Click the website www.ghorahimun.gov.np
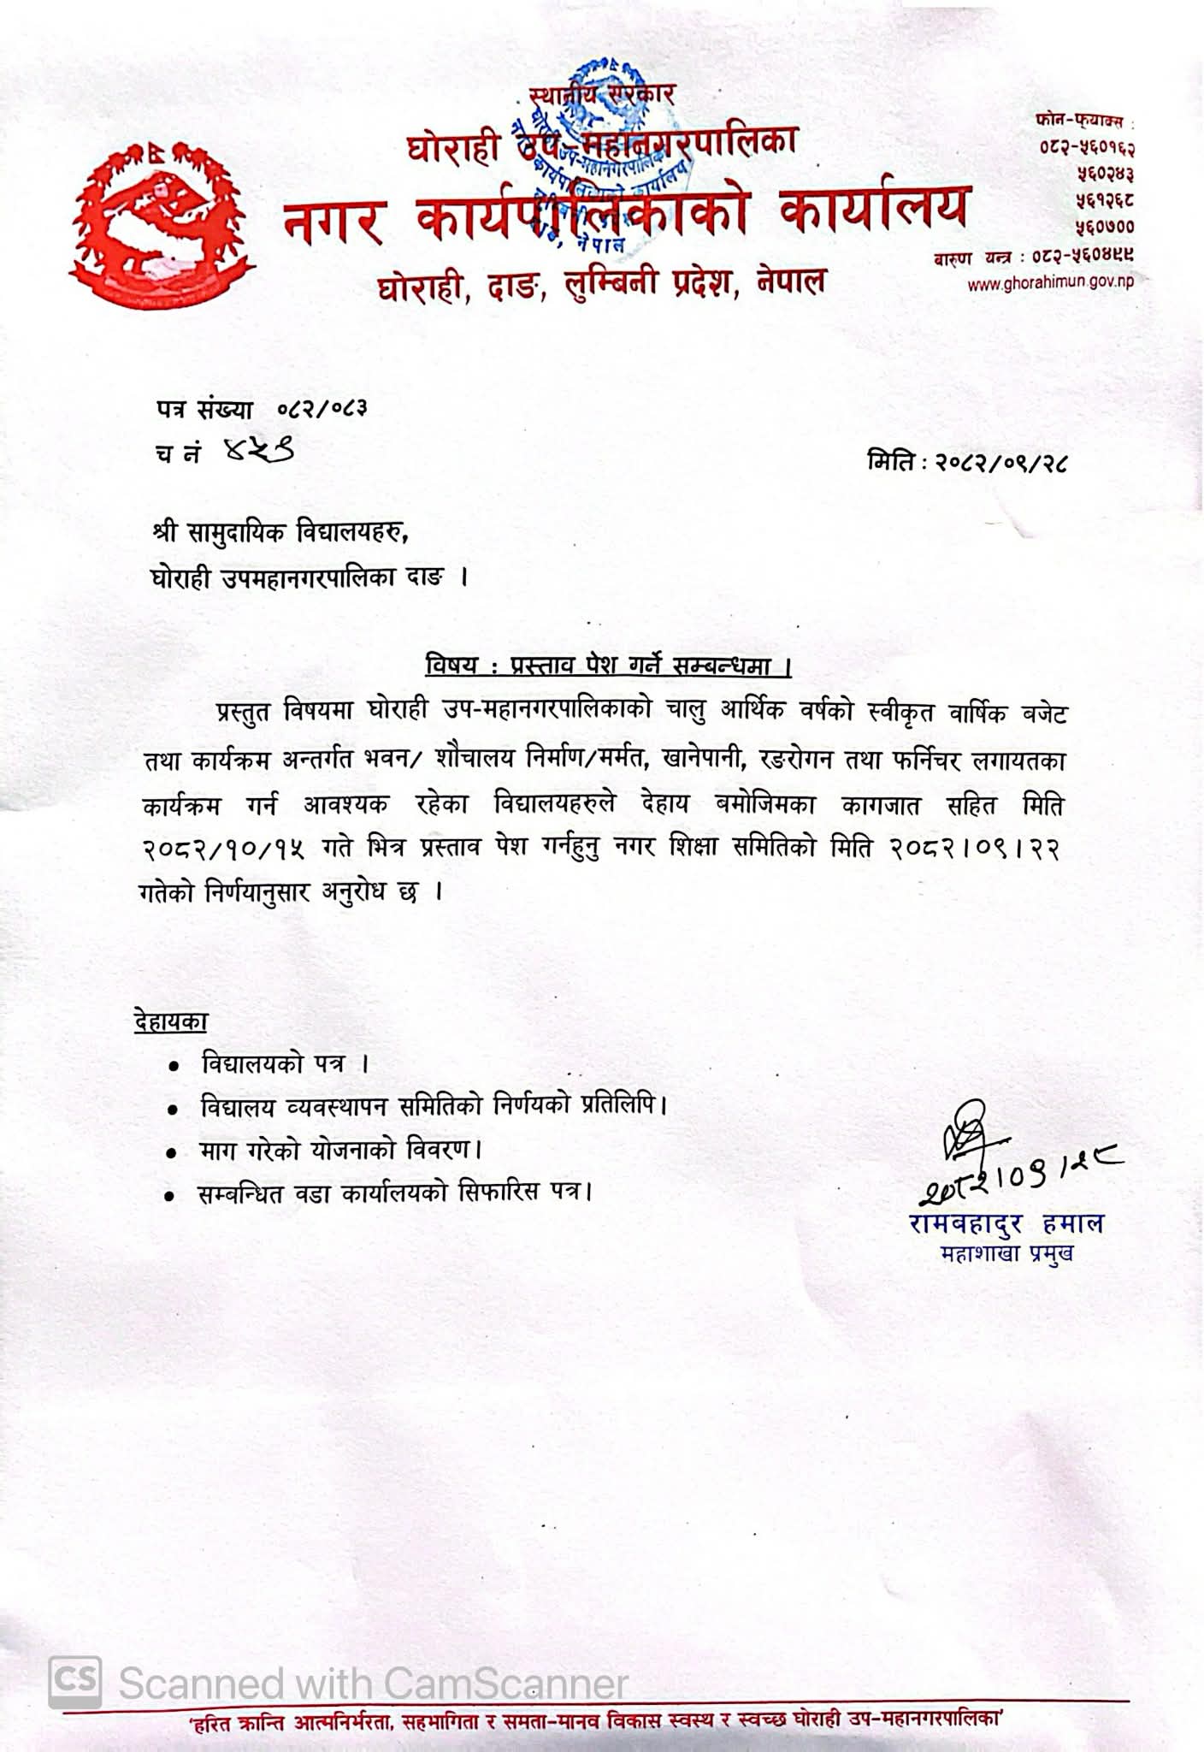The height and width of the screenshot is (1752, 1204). tap(1050, 284)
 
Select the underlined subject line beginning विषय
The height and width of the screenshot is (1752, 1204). tap(608, 666)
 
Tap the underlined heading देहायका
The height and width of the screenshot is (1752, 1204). tap(171, 1021)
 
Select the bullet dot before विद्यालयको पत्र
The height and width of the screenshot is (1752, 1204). tap(174, 1067)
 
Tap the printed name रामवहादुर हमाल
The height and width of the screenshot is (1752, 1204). tap(1006, 1224)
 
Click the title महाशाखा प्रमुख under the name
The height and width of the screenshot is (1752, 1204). tap(1006, 1254)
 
